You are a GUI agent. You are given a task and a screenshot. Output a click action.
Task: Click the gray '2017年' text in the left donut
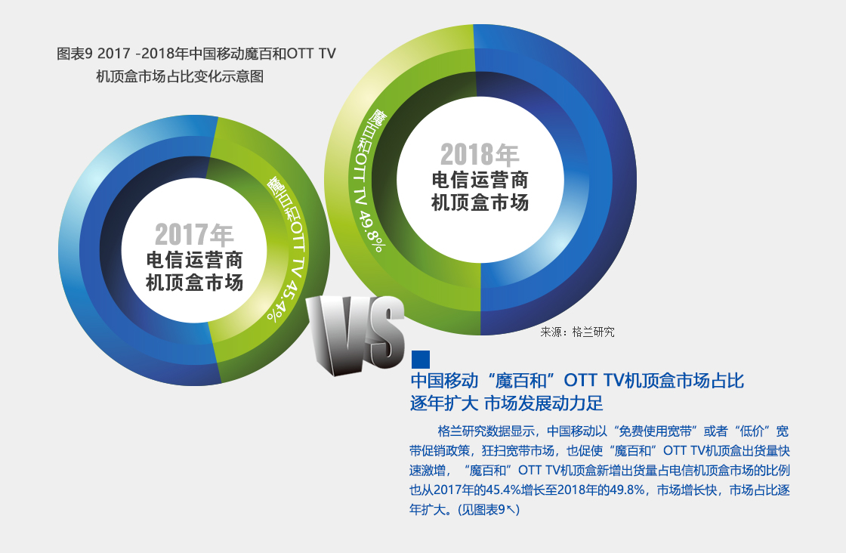(194, 235)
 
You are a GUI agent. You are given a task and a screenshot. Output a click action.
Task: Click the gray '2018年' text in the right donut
(480, 155)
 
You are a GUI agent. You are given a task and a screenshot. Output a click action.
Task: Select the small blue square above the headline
(421, 360)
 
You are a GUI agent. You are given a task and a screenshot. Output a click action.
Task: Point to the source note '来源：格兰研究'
(577, 332)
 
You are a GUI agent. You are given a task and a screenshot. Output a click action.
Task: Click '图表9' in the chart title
(75, 54)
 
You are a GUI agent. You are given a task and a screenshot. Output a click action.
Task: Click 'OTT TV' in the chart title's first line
(311, 54)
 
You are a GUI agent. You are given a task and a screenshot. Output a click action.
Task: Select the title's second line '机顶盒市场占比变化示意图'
(180, 76)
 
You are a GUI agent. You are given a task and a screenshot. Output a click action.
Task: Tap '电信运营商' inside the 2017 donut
(194, 260)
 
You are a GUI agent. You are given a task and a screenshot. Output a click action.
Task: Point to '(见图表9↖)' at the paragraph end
(488, 509)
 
